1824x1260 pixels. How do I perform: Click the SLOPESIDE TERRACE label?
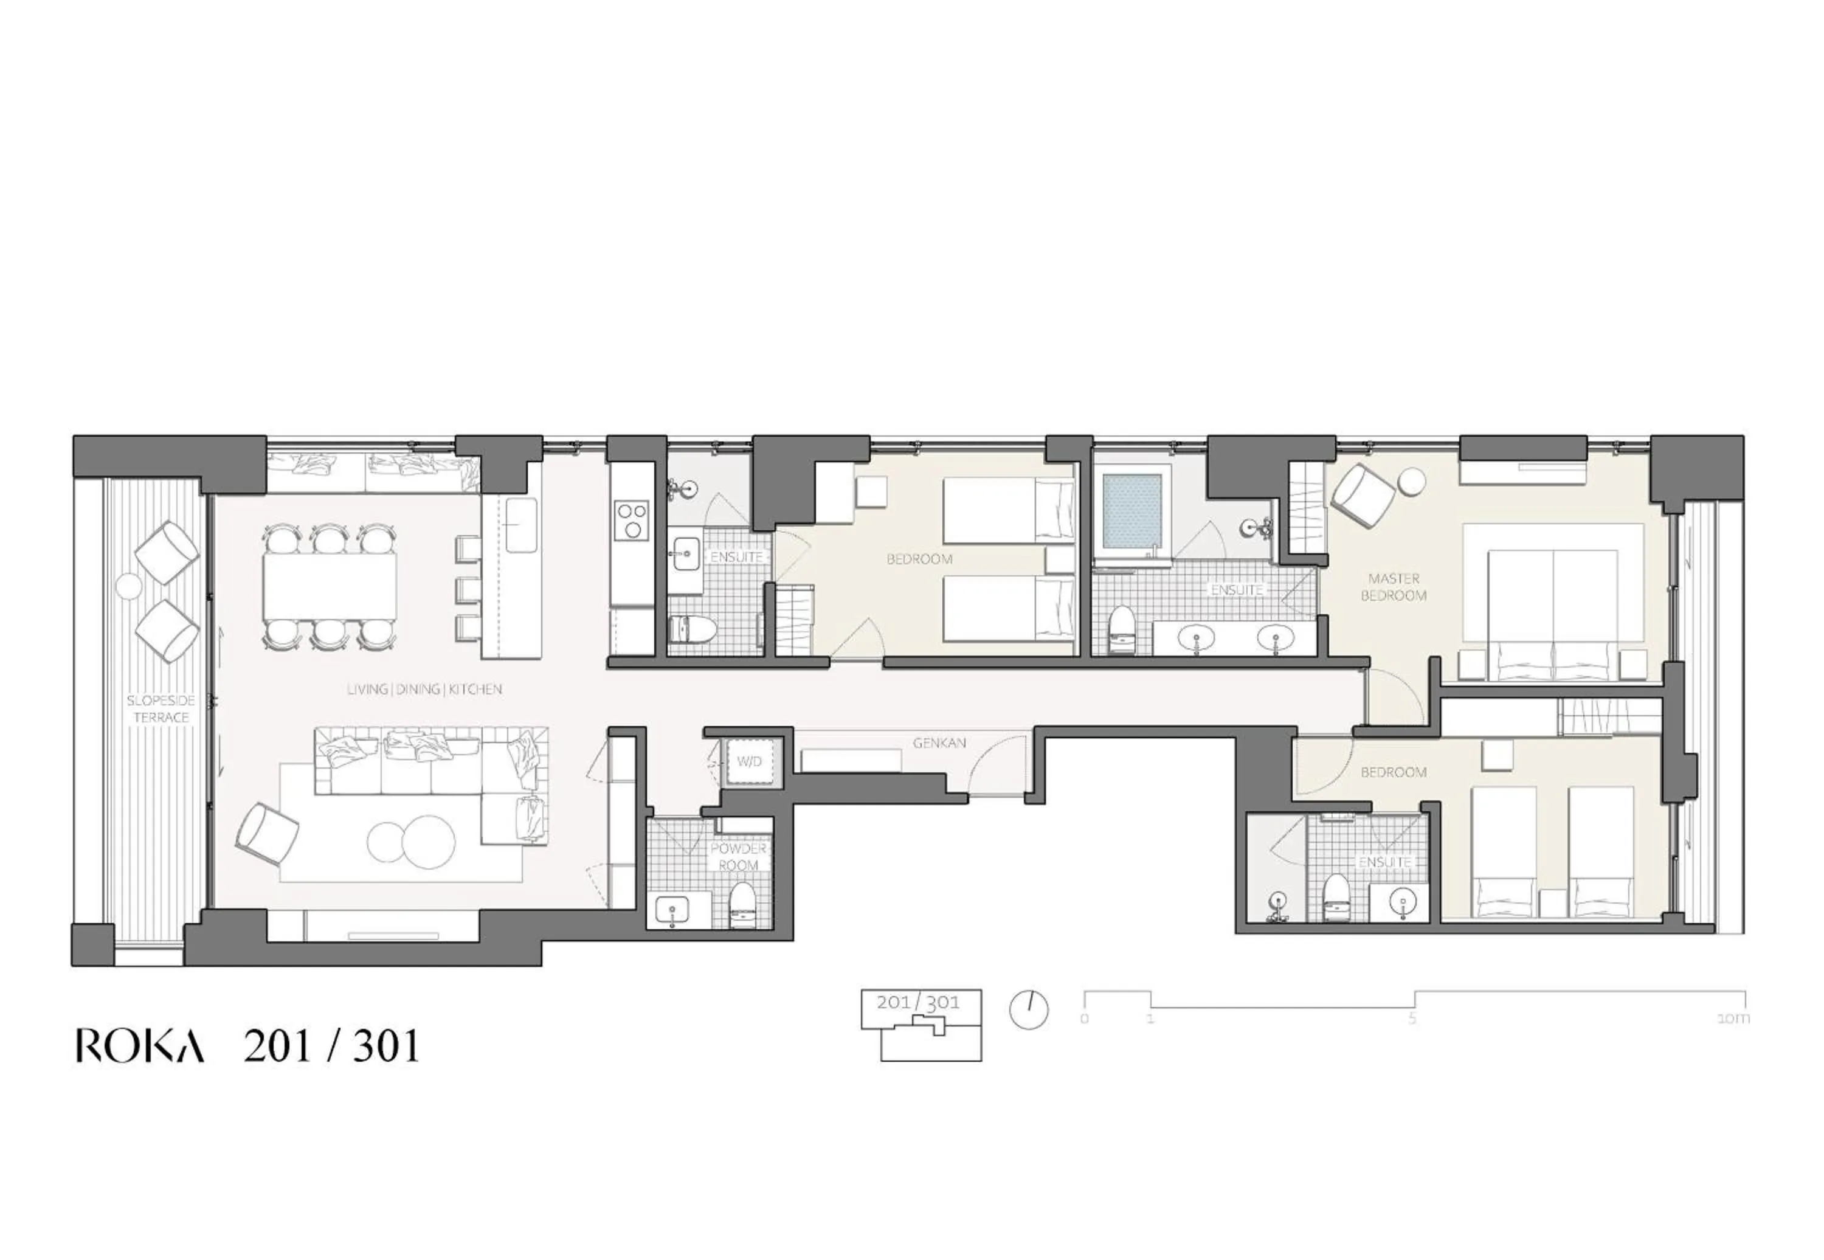click(x=161, y=709)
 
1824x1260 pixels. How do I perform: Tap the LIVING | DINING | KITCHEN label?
click(x=424, y=689)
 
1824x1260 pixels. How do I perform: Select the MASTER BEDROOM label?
click(x=1394, y=587)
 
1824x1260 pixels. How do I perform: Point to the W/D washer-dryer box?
click(x=749, y=762)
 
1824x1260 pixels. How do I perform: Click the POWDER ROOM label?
click(x=738, y=857)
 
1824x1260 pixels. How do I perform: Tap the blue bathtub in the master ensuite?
click(x=1132, y=511)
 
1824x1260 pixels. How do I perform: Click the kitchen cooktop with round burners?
click(x=632, y=521)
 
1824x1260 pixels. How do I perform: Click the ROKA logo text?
click(x=140, y=1046)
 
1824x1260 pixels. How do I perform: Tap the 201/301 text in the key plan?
click(x=918, y=1003)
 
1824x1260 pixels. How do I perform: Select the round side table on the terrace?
click(x=128, y=586)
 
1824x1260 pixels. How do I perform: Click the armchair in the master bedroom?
click(x=1363, y=493)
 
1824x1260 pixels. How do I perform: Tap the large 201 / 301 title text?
click(x=331, y=1047)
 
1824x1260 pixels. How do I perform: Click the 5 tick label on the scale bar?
click(x=1412, y=1019)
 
